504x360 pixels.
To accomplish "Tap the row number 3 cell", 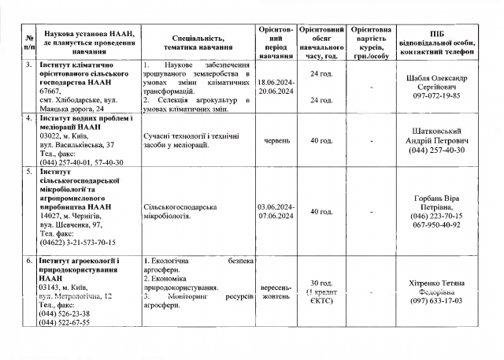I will [28, 64].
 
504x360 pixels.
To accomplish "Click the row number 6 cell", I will [28, 262].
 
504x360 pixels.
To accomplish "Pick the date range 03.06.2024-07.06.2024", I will [276, 211].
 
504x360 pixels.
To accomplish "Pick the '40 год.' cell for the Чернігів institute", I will [321, 211].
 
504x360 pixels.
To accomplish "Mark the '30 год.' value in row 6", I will [321, 283].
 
